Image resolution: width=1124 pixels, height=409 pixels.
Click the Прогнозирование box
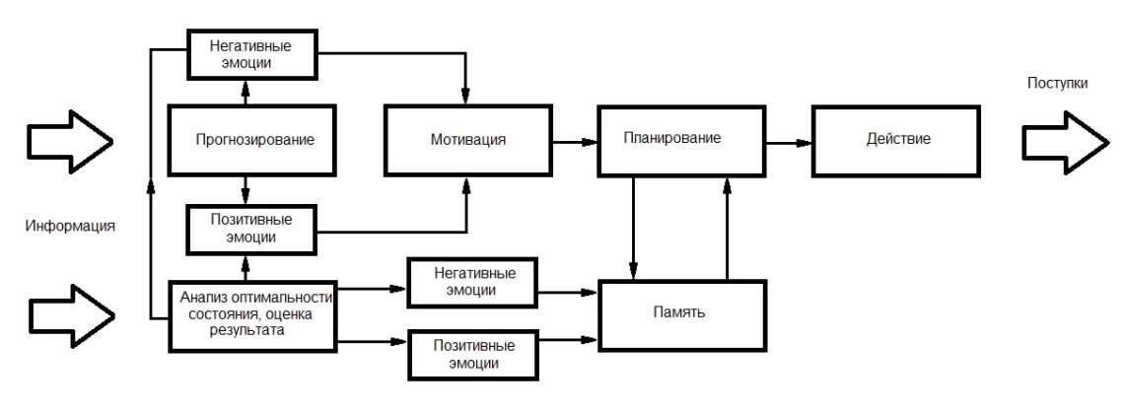(254, 140)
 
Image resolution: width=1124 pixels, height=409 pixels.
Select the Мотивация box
(467, 140)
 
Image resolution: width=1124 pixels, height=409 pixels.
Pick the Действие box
(895, 140)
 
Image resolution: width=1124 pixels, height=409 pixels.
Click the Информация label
(71, 227)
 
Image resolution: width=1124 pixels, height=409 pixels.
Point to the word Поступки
(1057, 84)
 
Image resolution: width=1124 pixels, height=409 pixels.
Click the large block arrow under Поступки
(1063, 143)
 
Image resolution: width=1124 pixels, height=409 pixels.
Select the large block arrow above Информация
(69, 143)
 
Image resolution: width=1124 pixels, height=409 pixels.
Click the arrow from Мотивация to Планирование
(577, 143)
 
